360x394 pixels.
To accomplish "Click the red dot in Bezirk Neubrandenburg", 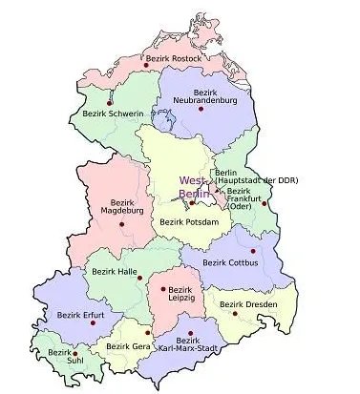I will click(x=201, y=111).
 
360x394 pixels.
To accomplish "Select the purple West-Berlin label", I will click(x=192, y=186).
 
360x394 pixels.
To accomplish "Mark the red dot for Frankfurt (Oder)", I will click(x=264, y=202).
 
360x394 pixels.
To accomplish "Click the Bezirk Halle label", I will click(x=114, y=271).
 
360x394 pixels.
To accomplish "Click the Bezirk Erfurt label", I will click(x=79, y=314).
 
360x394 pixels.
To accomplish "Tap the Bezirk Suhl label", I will click(x=60, y=357).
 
